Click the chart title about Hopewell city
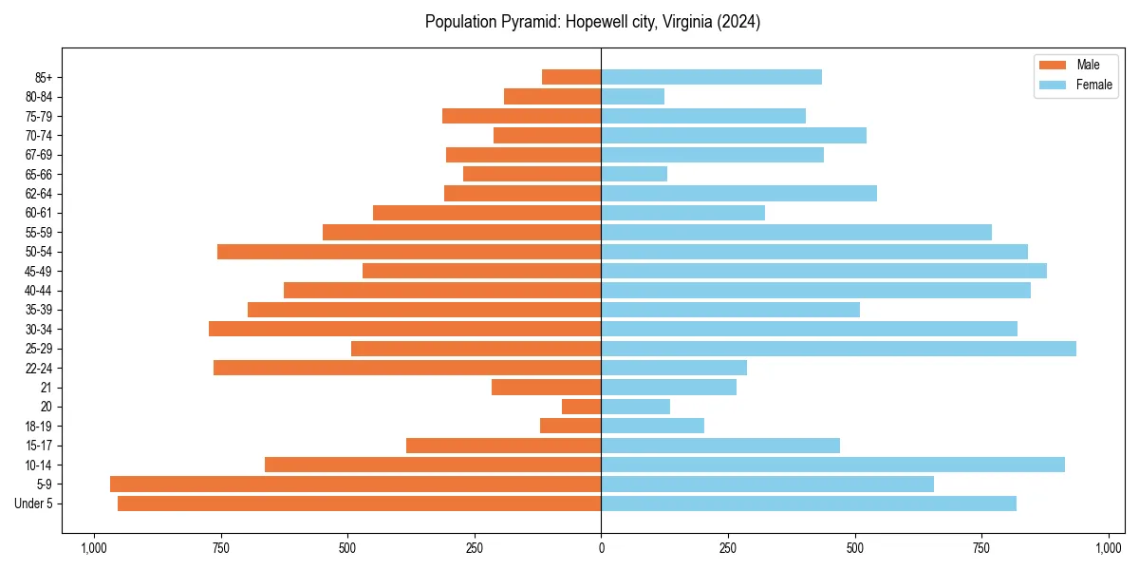coord(592,22)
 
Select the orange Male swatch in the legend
coord(1054,65)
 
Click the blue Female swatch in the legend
coord(1054,85)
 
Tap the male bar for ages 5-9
coord(355,484)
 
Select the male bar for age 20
coord(581,407)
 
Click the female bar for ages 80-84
coord(632,96)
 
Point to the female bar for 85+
coord(711,77)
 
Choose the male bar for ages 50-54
coord(409,252)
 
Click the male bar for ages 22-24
coord(407,368)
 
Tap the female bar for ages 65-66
coord(634,174)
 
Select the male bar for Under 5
coord(359,503)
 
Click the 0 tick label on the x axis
coord(601,548)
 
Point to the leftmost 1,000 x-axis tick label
coord(93,548)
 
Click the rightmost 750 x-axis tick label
coord(981,548)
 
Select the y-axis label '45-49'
coord(38,271)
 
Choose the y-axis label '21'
coord(46,388)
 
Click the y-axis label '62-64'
coord(38,194)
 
